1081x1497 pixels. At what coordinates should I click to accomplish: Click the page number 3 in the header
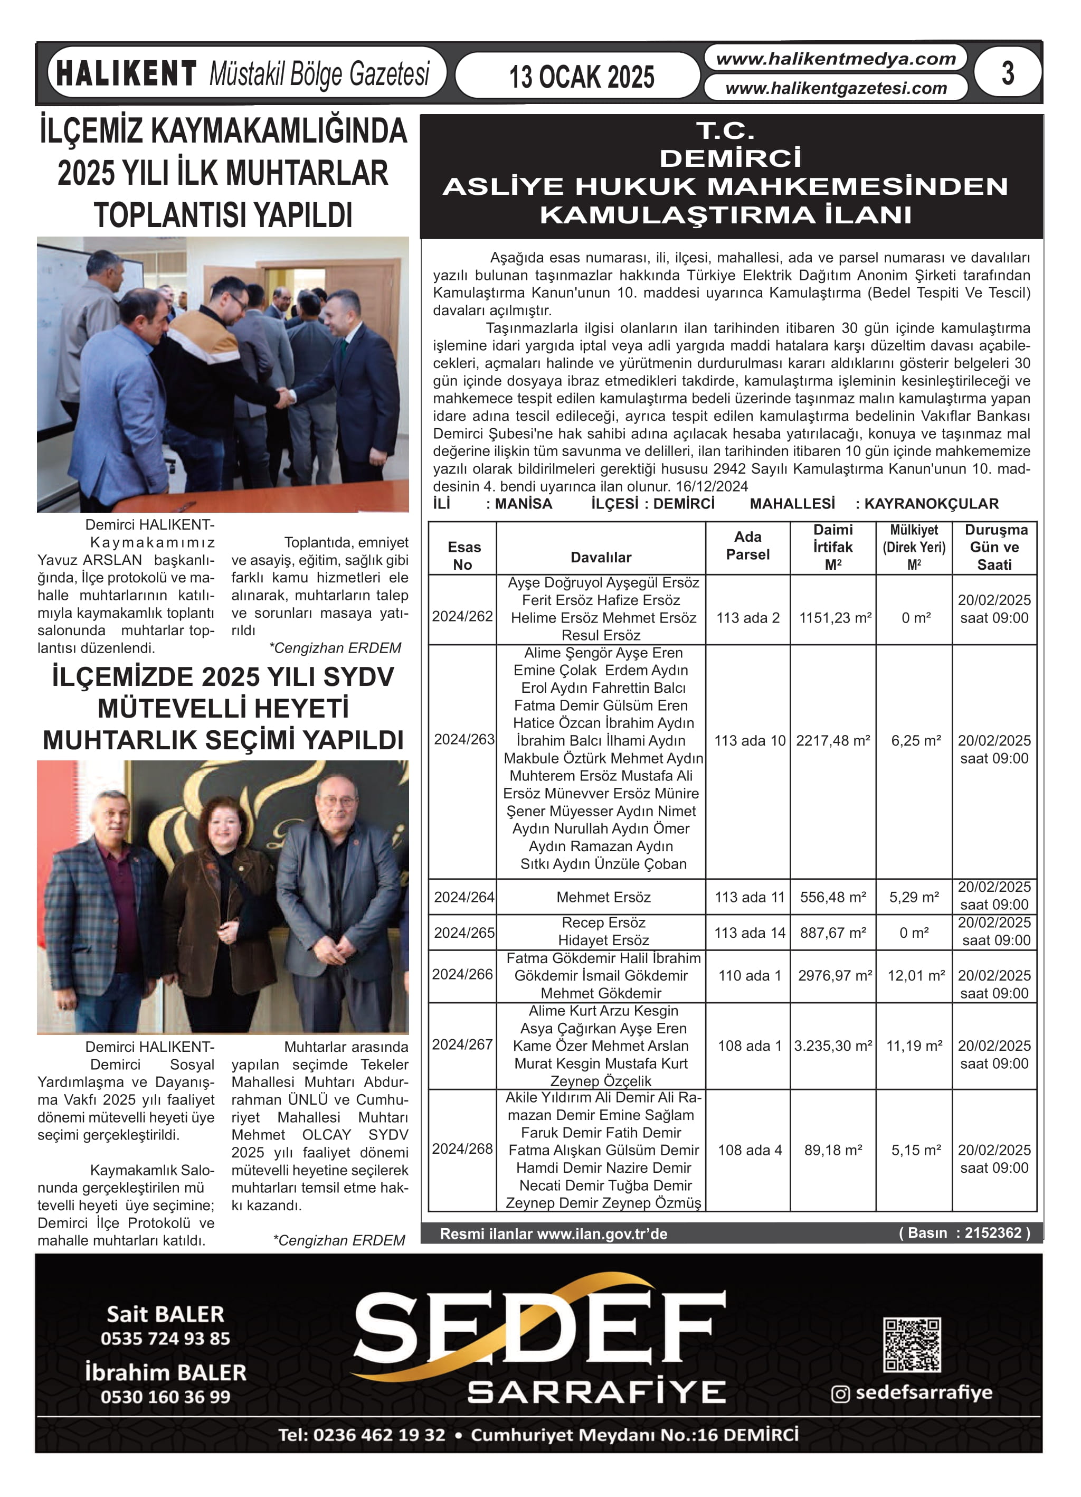pos(1007,73)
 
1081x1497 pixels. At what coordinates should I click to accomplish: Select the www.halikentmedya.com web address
pos(836,59)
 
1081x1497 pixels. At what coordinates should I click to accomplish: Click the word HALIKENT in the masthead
pos(126,73)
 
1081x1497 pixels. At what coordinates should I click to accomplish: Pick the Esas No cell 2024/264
pos(463,897)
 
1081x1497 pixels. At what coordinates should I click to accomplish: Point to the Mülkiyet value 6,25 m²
pos(915,740)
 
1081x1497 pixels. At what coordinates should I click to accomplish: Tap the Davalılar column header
pos(601,557)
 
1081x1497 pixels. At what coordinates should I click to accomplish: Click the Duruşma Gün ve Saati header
pos(994,547)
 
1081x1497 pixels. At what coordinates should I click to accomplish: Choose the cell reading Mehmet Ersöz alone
pos(603,897)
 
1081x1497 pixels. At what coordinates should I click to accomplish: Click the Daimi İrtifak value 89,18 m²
pos(833,1150)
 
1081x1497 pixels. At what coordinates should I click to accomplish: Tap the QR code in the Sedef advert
pos(912,1344)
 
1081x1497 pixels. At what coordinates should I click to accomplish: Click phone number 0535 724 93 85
pos(165,1339)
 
